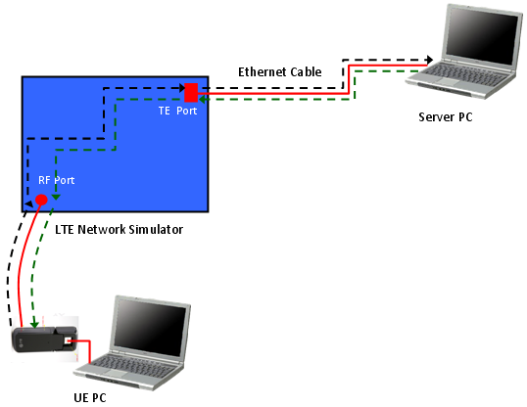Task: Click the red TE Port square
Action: click(191, 92)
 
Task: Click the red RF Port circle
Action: click(41, 200)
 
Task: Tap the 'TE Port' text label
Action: click(177, 111)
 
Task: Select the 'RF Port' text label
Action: click(56, 180)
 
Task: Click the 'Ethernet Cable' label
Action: click(279, 71)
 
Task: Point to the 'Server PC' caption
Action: click(446, 116)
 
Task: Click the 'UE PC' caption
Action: click(90, 397)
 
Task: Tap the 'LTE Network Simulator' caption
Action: click(119, 229)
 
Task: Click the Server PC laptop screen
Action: click(483, 34)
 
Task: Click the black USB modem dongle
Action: click(45, 339)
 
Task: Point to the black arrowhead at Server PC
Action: click(429, 60)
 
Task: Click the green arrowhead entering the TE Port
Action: click(203, 99)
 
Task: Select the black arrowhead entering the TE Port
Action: click(182, 88)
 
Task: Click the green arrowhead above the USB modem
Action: click(34, 325)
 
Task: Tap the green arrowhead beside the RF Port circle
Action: click(56, 197)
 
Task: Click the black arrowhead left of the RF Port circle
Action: click(29, 203)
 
